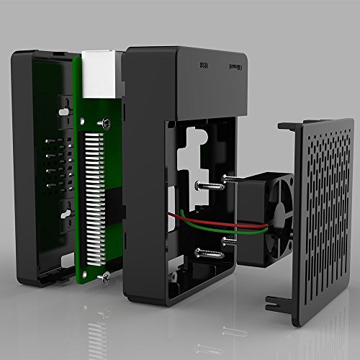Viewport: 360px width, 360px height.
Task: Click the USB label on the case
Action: tap(204, 65)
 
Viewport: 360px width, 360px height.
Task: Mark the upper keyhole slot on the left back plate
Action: tap(66, 111)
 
